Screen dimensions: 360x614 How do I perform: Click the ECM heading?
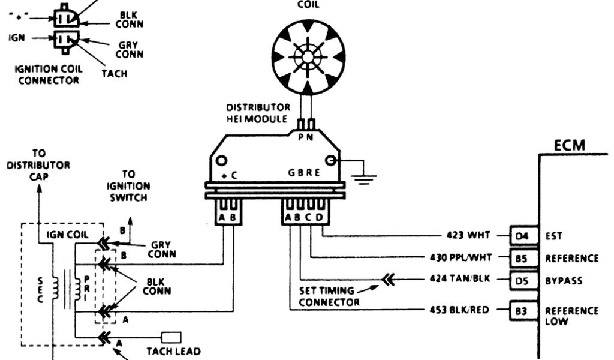570,145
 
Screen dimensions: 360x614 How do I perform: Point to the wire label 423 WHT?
469,235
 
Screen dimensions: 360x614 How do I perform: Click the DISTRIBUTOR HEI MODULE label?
258,113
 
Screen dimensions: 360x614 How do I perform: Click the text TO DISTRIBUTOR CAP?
38,165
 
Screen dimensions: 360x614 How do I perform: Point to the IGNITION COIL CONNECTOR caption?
49,74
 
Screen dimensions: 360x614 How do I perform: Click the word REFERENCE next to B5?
571,258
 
